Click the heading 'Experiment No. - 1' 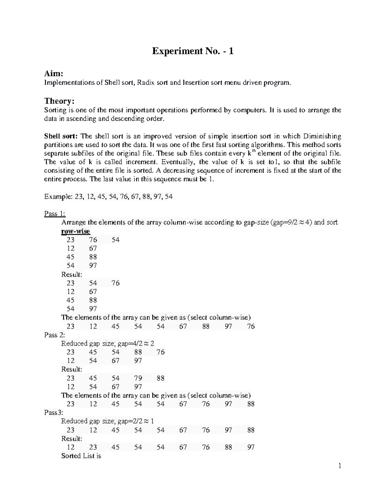pos(192,51)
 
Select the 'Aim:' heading pos(53,74)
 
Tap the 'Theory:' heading pos(59,101)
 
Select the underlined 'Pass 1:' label pos(55,214)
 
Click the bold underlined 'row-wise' pos(75,231)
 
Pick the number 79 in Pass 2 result pos(138,378)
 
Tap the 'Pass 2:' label pos(55,335)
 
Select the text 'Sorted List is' pos(81,456)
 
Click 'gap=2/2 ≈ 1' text pos(136,421)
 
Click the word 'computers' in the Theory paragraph pos(249,110)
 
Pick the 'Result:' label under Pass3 pos(71,439)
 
